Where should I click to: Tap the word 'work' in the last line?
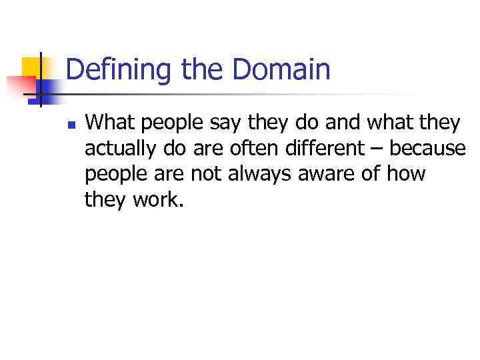[x=157, y=199]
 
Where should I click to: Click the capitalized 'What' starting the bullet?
[x=108, y=123]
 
